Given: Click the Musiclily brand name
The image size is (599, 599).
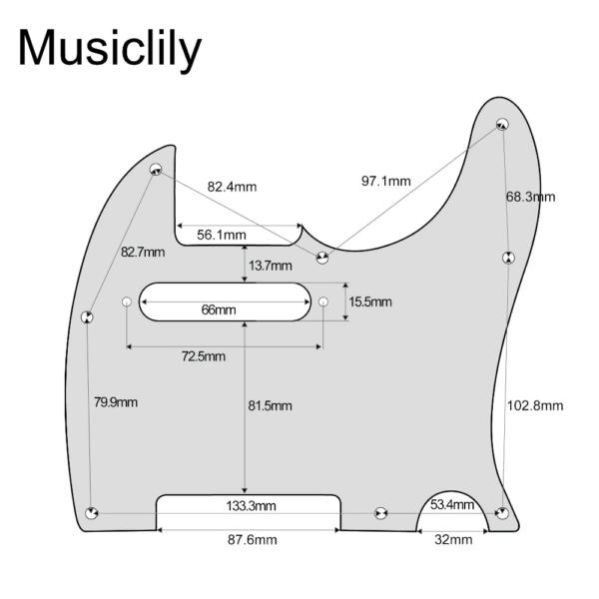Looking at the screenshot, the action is click(109, 49).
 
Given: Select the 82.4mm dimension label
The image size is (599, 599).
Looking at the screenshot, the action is click(232, 187).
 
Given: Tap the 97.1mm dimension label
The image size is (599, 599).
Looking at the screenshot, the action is click(386, 181).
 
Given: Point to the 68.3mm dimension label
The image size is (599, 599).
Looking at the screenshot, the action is click(531, 197).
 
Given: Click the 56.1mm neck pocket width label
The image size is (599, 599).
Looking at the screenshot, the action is click(222, 235).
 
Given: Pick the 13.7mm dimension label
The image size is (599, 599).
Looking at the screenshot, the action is click(271, 266).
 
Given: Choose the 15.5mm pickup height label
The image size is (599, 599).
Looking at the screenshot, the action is click(370, 301).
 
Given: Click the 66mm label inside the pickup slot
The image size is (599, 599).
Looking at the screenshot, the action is click(219, 309).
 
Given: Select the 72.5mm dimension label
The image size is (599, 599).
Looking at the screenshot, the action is click(204, 356).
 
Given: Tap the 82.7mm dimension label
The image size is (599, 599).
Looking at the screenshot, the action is click(143, 253).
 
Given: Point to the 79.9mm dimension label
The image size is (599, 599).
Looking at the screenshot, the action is click(116, 402).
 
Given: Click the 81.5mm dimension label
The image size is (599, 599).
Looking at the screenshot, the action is click(271, 405).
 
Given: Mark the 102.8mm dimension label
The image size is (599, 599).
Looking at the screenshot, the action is click(535, 405).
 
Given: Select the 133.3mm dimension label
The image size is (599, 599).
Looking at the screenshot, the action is click(251, 506).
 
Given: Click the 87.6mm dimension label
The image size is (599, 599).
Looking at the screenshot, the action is click(253, 540).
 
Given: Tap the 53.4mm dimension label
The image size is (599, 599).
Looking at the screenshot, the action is click(452, 504).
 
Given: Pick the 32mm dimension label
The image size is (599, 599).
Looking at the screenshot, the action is click(453, 540).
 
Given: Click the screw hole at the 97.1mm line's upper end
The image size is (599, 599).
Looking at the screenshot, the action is click(502, 124).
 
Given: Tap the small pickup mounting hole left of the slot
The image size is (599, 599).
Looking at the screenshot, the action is click(127, 302).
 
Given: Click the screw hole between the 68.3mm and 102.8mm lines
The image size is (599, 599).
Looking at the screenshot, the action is click(508, 258).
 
